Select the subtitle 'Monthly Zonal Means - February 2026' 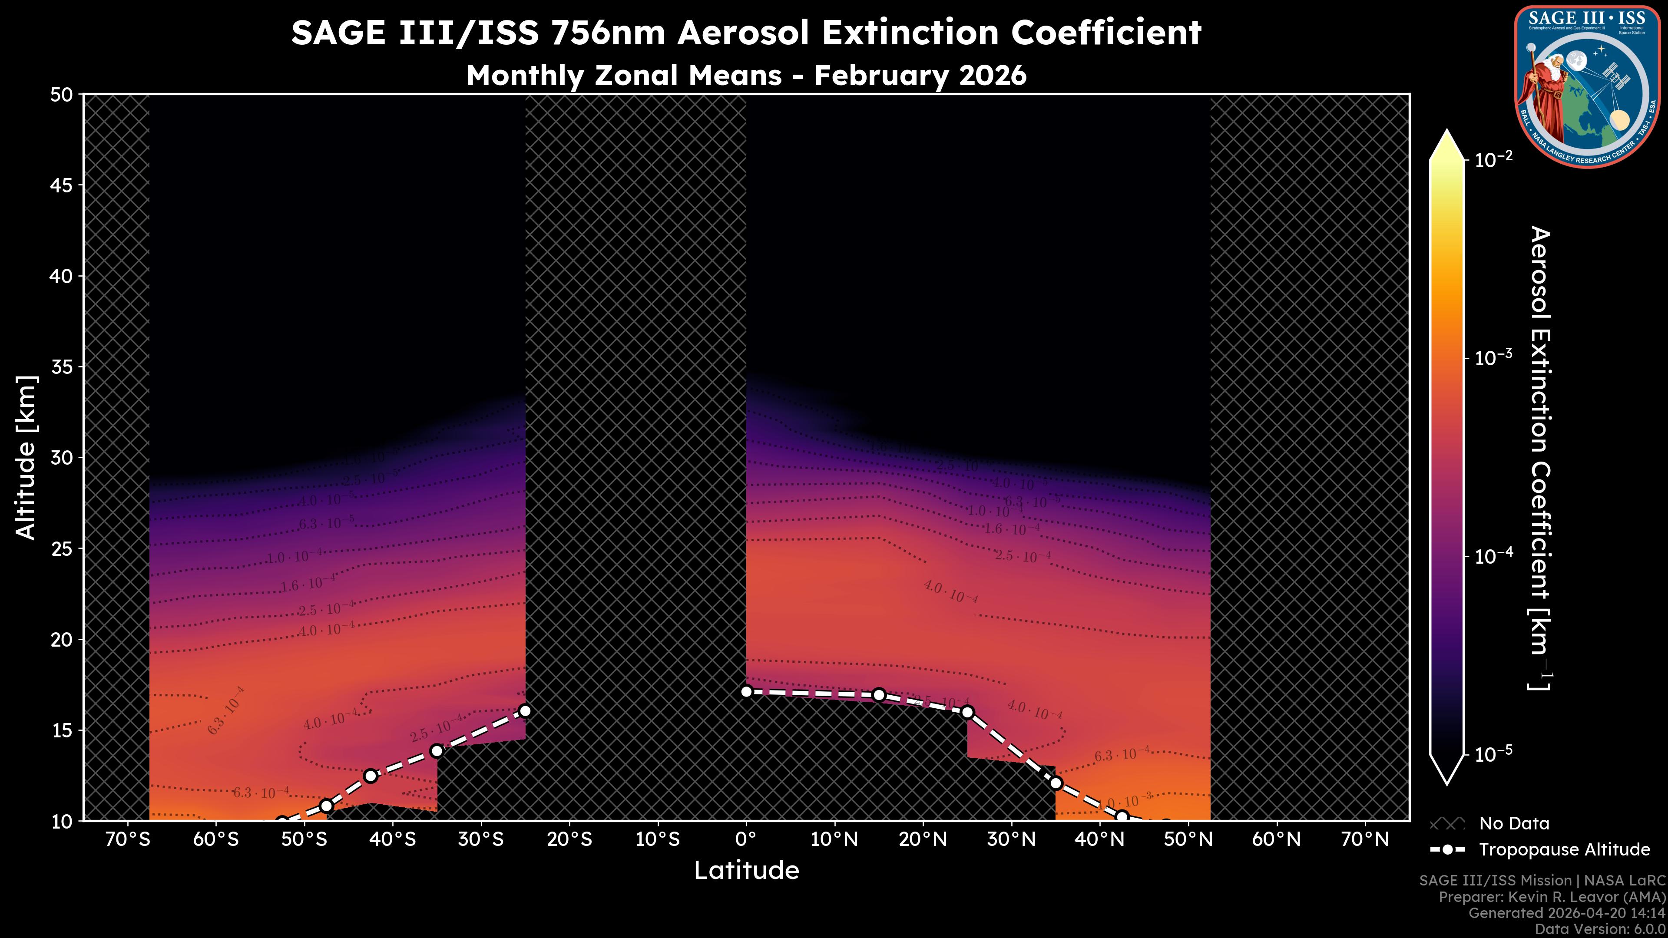[746, 75]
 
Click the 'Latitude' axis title [746, 870]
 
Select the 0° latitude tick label [746, 839]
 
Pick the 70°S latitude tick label [128, 839]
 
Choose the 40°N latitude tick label [1099, 839]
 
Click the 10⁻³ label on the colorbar [1494, 357]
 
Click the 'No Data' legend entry [1514, 823]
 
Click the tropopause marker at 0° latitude [746, 691]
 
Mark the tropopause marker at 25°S [525, 711]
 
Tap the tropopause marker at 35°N [1056, 783]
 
